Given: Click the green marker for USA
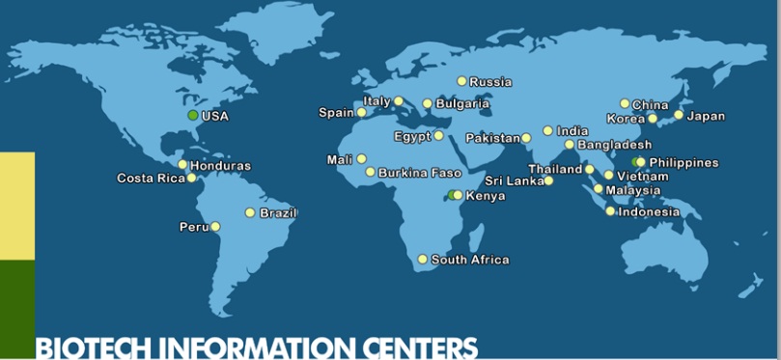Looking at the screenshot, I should [x=193, y=116].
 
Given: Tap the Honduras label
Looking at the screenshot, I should [x=220, y=166].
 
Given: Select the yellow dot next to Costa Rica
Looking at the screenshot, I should [x=191, y=178].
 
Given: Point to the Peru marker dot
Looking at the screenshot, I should [x=215, y=227].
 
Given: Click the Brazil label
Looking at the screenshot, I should [x=278, y=212].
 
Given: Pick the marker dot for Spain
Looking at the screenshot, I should [x=361, y=113].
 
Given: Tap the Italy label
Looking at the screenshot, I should [x=377, y=101].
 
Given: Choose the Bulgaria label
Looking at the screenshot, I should [x=462, y=104].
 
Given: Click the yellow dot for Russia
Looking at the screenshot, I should [x=461, y=81].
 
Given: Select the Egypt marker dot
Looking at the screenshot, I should [x=438, y=136].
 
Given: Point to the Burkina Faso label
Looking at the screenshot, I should [x=420, y=173].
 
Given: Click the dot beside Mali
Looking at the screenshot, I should [x=361, y=159].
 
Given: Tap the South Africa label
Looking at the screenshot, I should [x=469, y=260].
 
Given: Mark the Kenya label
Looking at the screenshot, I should [x=486, y=196].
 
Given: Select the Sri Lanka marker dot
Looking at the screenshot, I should [x=548, y=180].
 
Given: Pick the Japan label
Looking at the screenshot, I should [x=705, y=116].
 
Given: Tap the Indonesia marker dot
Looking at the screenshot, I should [x=610, y=211].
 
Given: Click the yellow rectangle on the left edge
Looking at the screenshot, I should [x=16, y=206].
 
